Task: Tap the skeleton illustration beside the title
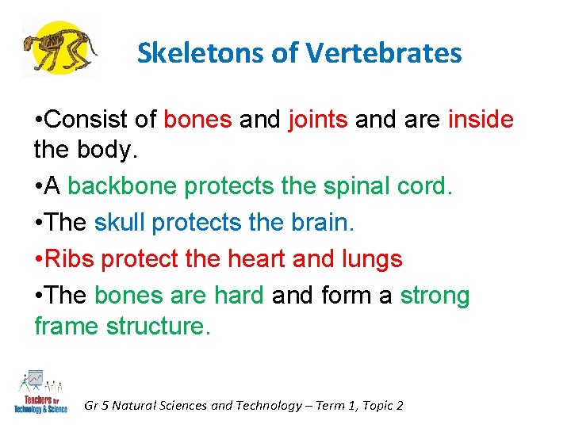pos(60,48)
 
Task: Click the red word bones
pos(197,120)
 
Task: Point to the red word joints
pos(317,120)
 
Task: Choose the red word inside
pos(481,120)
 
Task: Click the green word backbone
pos(123,186)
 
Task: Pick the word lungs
pos(370,260)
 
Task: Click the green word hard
pos(239,296)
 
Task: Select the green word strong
pos(435,296)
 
